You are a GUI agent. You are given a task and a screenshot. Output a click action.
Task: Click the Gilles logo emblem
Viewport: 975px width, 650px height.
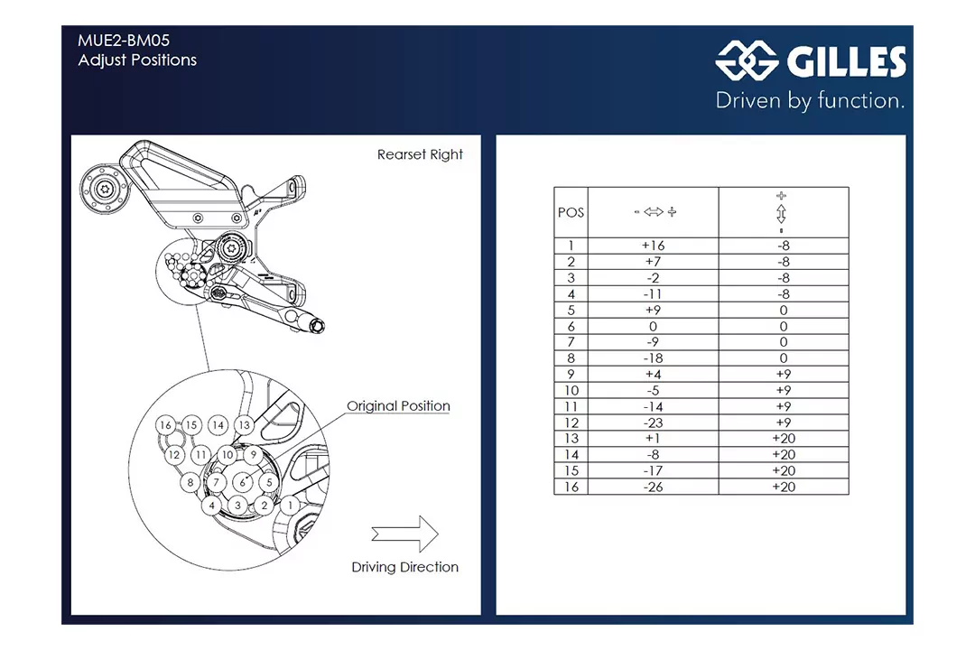(747, 61)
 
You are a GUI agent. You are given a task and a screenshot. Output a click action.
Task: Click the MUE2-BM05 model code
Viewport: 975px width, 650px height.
(124, 41)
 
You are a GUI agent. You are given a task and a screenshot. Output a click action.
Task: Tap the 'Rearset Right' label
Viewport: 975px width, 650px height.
(420, 154)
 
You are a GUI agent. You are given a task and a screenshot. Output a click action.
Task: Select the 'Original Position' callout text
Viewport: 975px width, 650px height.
(398, 406)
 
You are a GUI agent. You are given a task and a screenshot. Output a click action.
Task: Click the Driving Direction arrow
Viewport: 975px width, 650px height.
(404, 534)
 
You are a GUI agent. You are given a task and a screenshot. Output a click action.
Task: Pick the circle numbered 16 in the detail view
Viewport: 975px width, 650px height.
(164, 425)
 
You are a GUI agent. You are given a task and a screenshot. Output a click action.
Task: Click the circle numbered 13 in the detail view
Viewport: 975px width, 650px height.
(244, 425)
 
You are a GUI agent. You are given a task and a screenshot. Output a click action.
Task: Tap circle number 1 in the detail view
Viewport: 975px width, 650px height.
(290, 506)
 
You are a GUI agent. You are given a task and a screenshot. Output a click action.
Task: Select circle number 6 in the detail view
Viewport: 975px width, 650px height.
(242, 483)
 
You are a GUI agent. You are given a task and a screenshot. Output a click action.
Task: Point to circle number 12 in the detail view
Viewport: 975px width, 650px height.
(175, 455)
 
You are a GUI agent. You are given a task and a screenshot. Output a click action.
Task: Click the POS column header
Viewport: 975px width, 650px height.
(571, 213)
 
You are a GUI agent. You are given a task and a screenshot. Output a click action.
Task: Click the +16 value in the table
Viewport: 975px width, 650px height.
(653, 246)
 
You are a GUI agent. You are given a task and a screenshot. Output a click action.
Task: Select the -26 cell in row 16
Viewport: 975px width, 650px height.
(653, 487)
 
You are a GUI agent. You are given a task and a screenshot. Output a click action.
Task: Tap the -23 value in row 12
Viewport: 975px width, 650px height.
(653, 422)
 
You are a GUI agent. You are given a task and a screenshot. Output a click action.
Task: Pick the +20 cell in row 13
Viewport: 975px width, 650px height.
(783, 439)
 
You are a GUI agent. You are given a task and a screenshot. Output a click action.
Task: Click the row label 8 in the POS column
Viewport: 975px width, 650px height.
(571, 358)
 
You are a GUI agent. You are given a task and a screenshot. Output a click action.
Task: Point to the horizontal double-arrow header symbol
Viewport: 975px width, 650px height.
(654, 212)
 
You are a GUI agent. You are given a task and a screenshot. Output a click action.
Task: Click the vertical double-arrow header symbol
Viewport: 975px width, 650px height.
(782, 213)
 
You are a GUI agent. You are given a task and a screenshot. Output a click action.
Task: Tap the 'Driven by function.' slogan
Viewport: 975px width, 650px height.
(810, 100)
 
